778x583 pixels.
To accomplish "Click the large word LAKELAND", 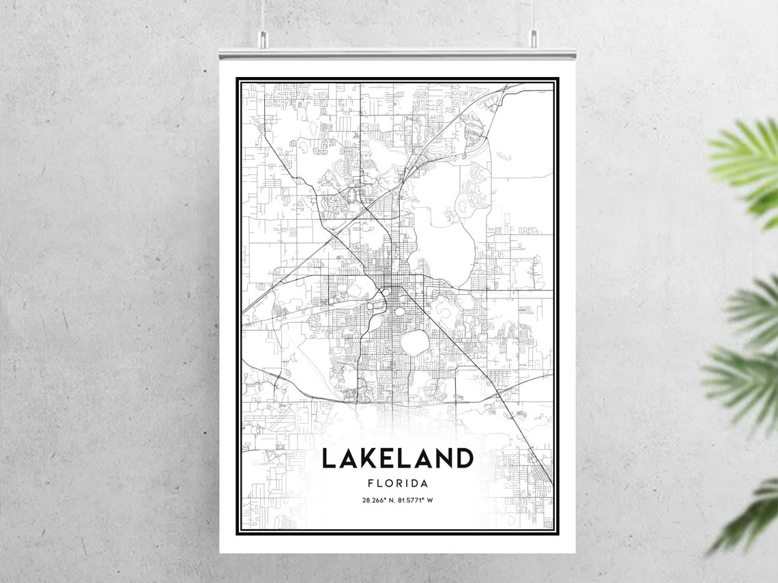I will coord(397,458).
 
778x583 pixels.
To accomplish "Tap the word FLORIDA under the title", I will coord(397,483).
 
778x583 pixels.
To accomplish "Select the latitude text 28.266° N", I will coord(378,500).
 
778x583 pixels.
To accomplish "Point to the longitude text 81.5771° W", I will coord(416,500).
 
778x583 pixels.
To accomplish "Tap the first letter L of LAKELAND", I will coord(328,458).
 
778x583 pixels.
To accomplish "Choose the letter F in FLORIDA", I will coord(370,483).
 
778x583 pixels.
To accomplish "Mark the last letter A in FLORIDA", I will coord(424,483).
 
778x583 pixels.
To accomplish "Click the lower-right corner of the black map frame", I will coord(558,533).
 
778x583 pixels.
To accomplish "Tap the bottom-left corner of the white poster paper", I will coord(220,552).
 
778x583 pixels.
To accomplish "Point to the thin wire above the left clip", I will coord(262,17).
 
